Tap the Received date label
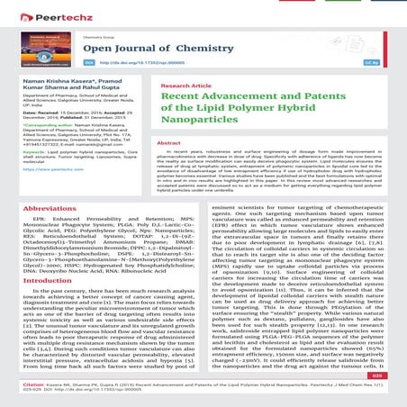pyautogui.click(x=28, y=122)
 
